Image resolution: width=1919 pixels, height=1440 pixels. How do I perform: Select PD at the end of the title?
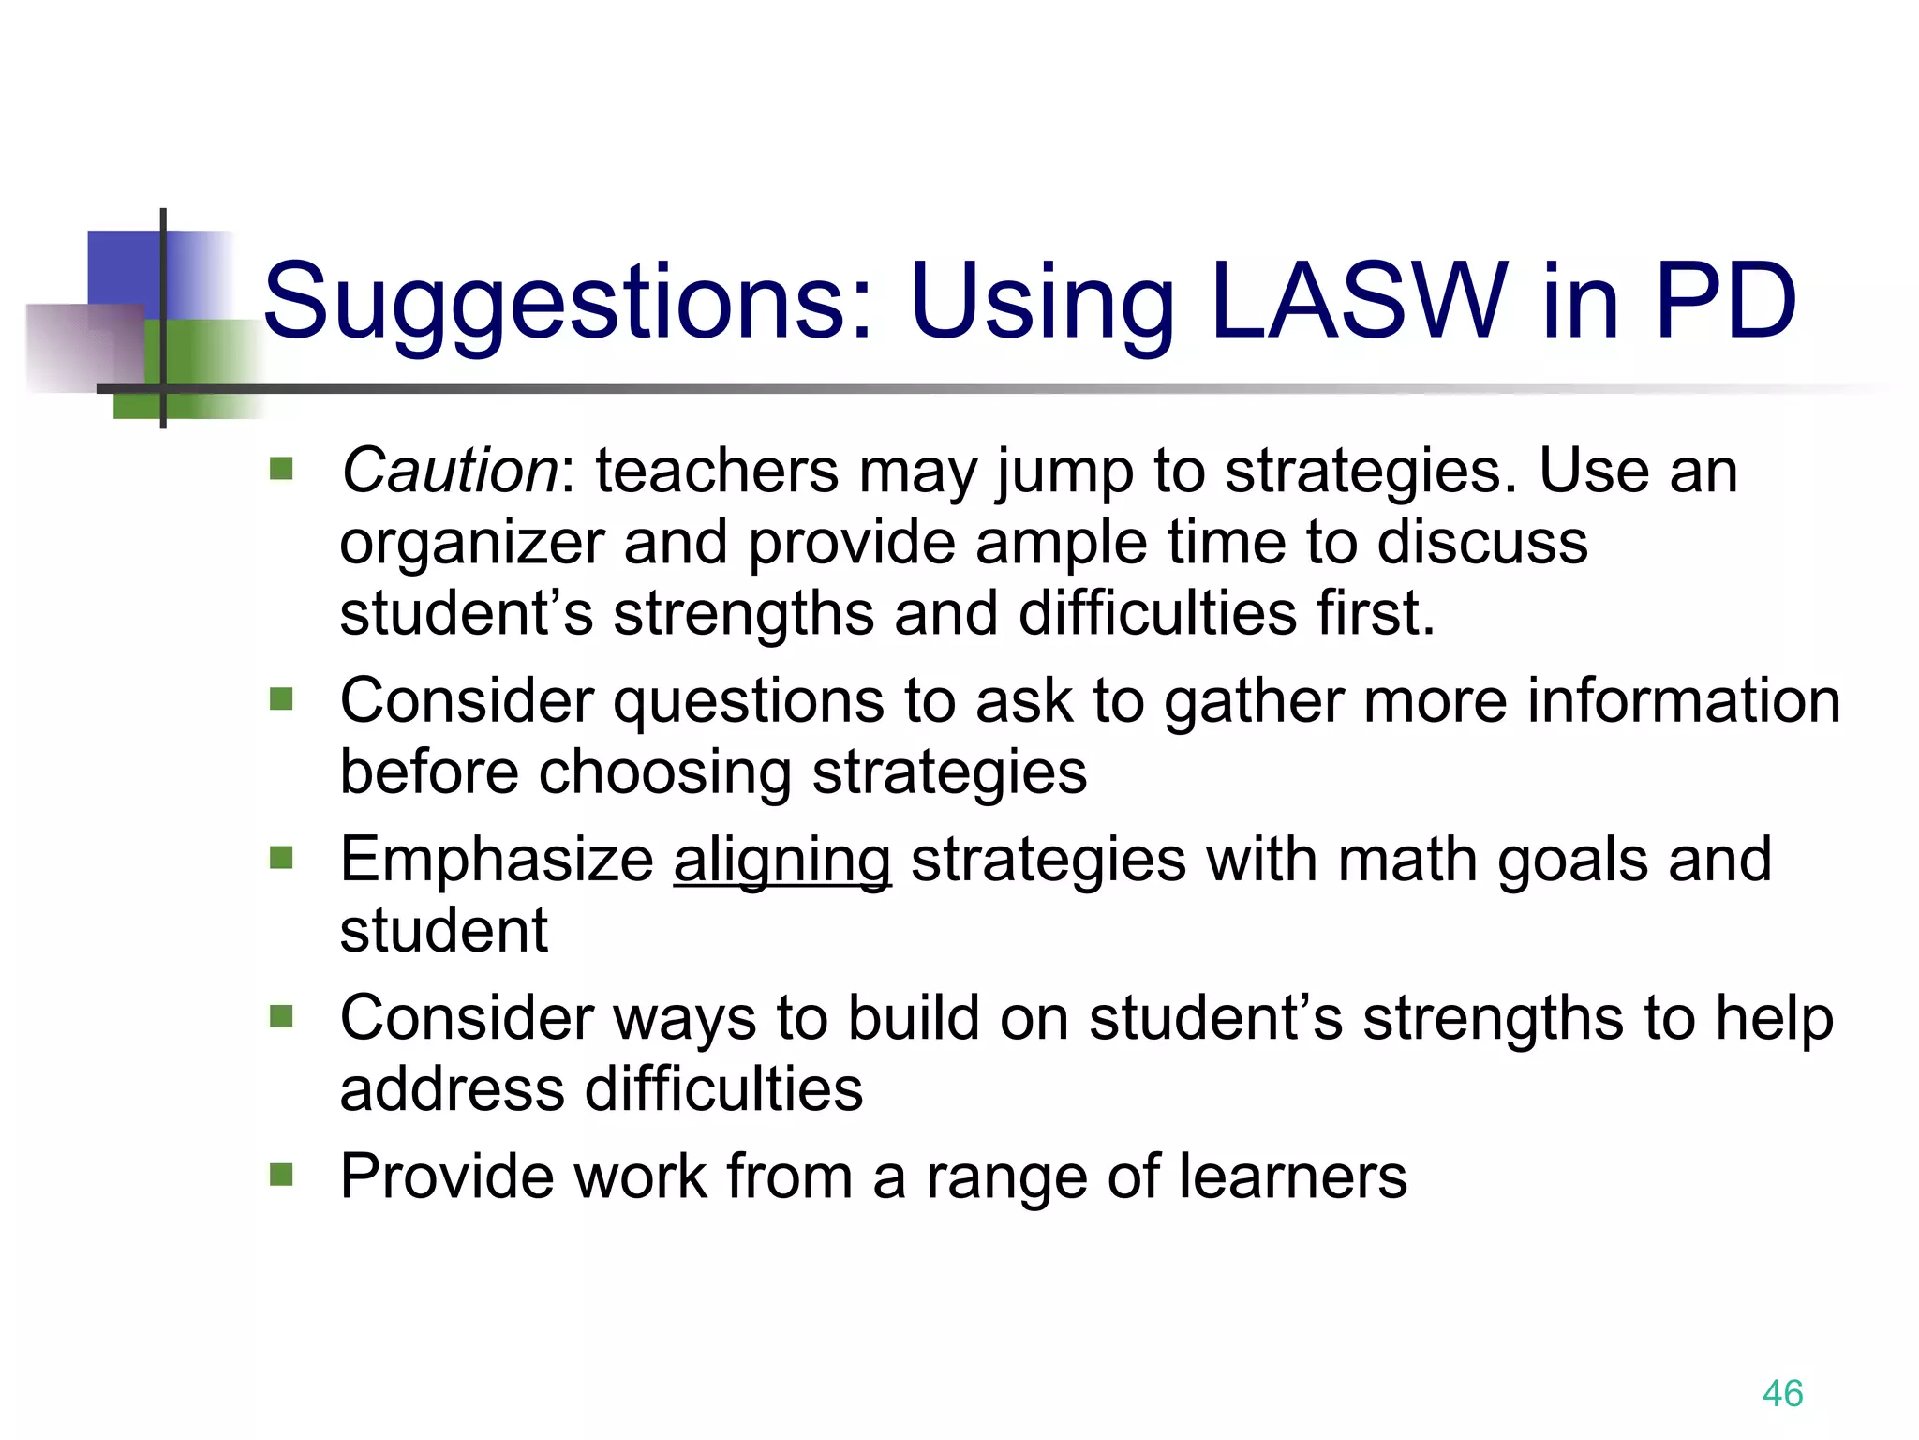pos(1726,301)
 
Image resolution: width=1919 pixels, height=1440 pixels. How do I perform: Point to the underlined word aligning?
pos(782,860)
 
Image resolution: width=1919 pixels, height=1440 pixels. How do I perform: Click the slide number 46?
pos(1782,1393)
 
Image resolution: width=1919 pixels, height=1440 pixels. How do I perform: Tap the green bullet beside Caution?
pos(281,468)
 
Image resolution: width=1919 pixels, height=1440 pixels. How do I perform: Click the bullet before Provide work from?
pos(281,1175)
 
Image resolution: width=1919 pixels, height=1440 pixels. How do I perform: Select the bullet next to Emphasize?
pos(281,857)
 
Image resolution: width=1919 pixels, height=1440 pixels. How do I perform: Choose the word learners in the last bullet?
pos(1293,1177)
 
